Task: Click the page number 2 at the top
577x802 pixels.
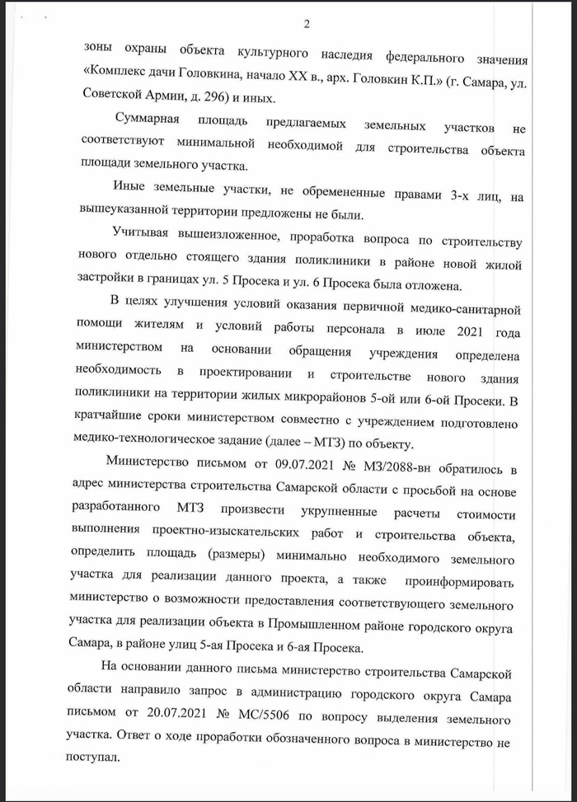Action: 307,23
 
